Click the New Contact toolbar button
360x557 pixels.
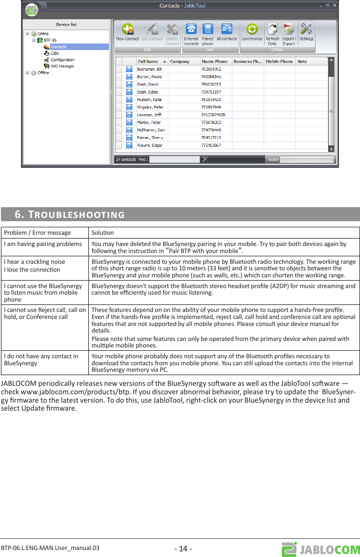pos(127,33)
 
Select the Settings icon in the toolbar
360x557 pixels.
pos(306,33)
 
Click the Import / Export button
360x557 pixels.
pos(289,33)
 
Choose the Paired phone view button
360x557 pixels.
pos(208,33)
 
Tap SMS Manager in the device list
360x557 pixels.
pos(62,66)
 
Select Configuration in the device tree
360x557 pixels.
pos(62,60)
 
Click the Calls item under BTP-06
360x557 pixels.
pos(55,53)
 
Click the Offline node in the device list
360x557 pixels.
pos(43,73)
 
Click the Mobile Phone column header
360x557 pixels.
pos(279,61)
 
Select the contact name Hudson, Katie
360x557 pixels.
pos(150,100)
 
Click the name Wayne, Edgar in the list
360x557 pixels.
pos(149,145)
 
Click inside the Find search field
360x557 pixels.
pos(174,159)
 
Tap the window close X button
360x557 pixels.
pos(334,6)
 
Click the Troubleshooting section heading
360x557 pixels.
pos(70,215)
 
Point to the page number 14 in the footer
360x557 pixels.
pos(183,548)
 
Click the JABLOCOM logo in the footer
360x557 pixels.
pos(320,549)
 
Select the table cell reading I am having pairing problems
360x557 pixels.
pos(43,244)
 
